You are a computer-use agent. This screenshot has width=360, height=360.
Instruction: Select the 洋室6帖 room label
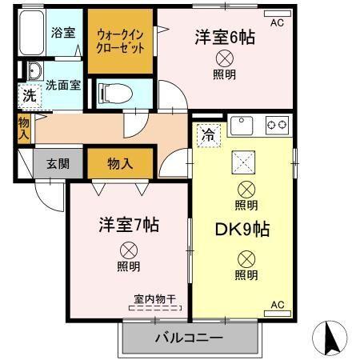tap(225, 37)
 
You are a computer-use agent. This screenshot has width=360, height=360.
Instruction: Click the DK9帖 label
tap(242, 229)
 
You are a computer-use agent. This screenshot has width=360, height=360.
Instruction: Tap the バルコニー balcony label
tap(189, 339)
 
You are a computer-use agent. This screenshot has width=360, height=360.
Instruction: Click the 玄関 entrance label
tap(56, 164)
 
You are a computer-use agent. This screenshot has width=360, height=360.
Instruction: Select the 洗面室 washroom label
tap(62, 85)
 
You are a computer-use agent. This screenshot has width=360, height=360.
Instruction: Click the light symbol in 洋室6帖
tap(225, 58)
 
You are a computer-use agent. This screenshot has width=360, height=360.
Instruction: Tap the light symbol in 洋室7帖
tap(127, 248)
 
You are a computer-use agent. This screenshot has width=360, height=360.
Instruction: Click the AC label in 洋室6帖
tap(278, 23)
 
